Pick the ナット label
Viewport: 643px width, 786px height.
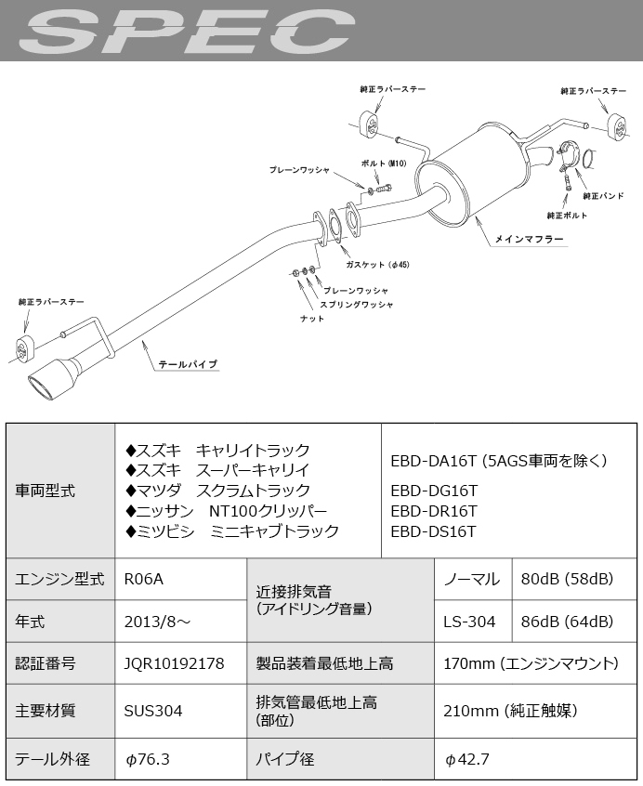coord(312,320)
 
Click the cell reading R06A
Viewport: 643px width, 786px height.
coord(143,580)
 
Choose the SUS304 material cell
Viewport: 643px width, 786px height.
coord(152,711)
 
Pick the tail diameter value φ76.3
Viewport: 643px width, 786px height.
coord(147,759)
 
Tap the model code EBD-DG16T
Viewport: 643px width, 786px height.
coord(434,491)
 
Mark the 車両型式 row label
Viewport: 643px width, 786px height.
coord(46,491)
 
